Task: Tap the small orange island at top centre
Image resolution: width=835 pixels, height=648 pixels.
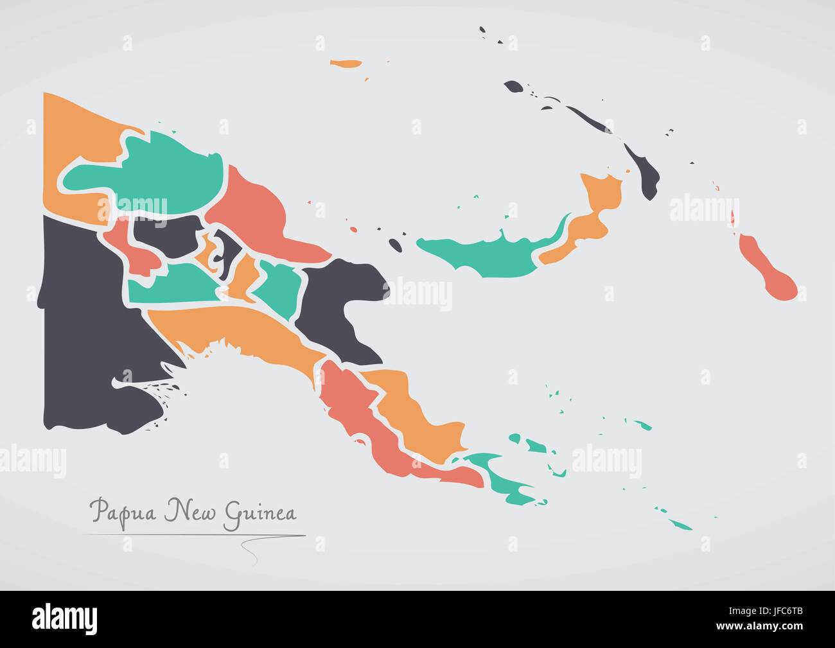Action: pyautogui.click(x=346, y=64)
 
